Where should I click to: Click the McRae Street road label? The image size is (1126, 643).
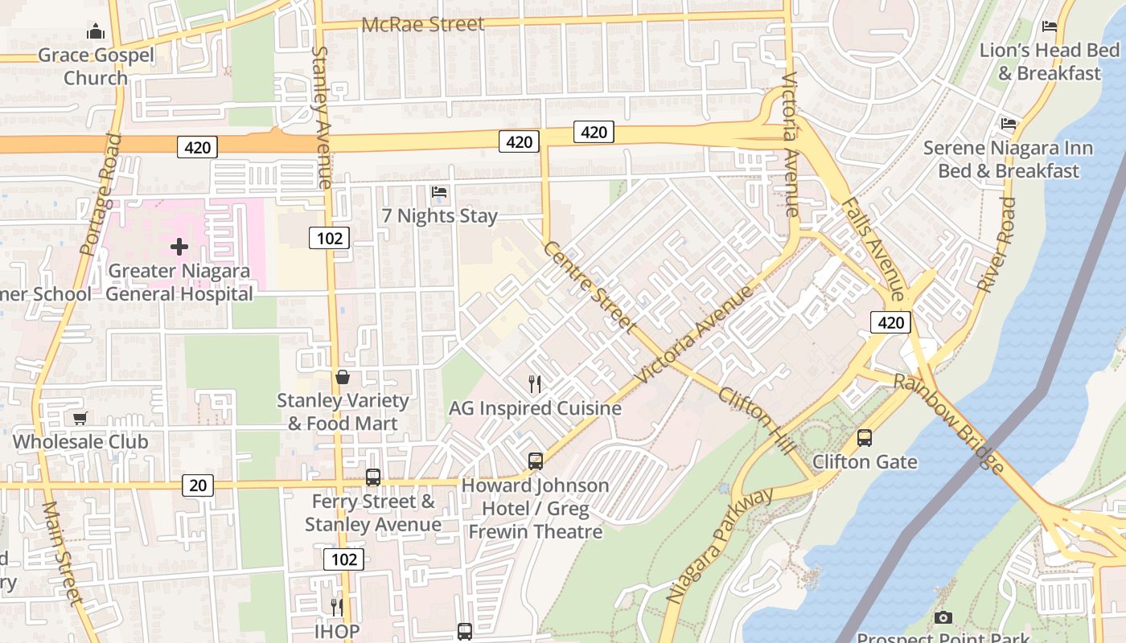coord(423,24)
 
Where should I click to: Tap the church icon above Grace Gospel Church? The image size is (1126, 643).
coord(96,32)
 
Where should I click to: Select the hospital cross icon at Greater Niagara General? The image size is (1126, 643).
coord(179,247)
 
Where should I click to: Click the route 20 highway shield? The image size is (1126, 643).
coord(198,485)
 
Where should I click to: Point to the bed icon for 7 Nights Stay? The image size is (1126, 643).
coord(439,192)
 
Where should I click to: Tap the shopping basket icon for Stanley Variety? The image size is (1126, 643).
coord(343,377)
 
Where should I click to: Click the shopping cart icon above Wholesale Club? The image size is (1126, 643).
coord(80,418)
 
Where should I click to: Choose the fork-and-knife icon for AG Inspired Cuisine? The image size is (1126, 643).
coord(535,384)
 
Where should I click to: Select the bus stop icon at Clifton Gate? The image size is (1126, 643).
coord(865,438)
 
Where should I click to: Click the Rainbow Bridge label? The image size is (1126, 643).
coord(949,424)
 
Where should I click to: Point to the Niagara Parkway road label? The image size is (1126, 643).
coord(719,546)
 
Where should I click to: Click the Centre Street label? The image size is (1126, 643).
coord(589,286)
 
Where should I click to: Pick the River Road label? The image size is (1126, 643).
coord(997,244)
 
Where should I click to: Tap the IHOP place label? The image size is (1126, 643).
coord(337,631)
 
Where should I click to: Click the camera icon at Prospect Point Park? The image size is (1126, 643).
coord(943,617)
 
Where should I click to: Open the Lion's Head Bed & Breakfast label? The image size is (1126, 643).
coord(1049,62)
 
